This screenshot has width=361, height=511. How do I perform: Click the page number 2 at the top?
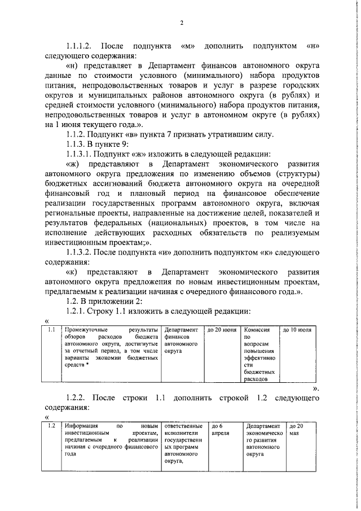(x=182, y=23)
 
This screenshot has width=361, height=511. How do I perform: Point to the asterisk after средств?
(x=88, y=365)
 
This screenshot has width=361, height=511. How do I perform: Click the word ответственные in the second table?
(x=184, y=426)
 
